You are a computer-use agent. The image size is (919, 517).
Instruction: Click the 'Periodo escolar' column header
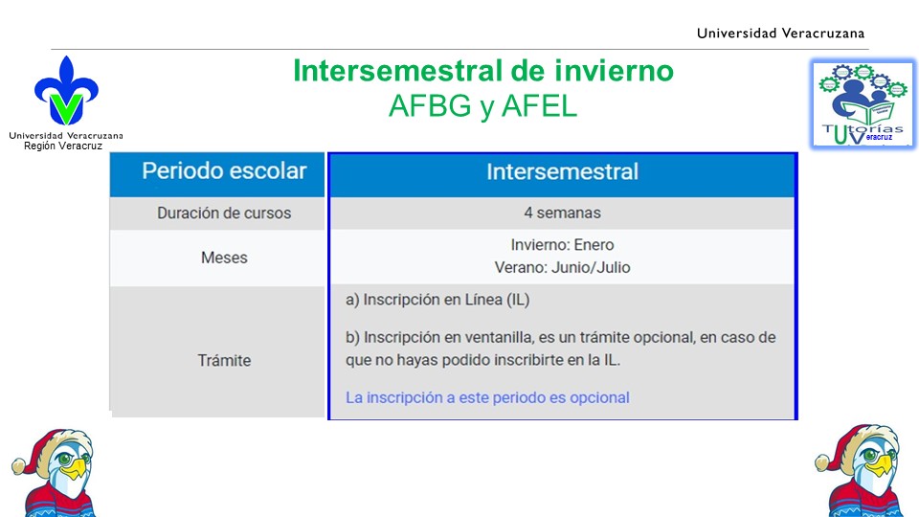[224, 171]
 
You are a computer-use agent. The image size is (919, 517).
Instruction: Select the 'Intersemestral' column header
[562, 171]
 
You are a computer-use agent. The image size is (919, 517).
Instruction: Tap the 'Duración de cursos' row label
[224, 213]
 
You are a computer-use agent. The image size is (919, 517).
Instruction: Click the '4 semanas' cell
[562, 213]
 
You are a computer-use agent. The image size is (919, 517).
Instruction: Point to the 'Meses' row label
[224, 258]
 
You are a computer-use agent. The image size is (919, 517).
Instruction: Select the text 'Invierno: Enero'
[562, 244]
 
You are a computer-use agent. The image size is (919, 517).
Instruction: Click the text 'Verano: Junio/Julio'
[562, 267]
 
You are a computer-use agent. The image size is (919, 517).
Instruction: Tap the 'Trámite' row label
[224, 360]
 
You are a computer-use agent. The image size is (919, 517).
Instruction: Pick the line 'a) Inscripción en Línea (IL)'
[437, 300]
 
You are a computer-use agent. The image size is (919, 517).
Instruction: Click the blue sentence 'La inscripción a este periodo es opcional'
[487, 397]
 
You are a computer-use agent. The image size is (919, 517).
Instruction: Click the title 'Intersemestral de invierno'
[482, 70]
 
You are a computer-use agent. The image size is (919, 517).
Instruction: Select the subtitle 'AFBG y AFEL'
[482, 106]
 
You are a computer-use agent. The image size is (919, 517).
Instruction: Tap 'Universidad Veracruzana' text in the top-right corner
[780, 34]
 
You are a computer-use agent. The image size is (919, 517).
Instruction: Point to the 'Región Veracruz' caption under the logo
[63, 146]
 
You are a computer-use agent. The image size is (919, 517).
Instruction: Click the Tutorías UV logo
[863, 103]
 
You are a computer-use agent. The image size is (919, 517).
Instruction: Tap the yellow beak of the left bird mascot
[75, 469]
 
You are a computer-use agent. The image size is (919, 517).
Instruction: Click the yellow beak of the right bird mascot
[880, 465]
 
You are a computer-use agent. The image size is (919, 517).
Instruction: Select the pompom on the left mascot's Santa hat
[19, 466]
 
